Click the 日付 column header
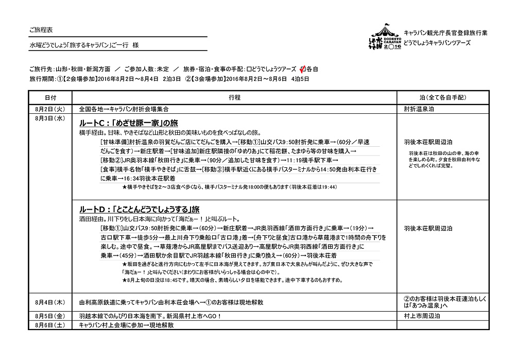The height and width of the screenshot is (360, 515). click(50, 97)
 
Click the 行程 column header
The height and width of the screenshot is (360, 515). click(234, 97)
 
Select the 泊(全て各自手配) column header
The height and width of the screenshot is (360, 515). click(443, 97)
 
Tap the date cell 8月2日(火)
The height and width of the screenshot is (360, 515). click(50, 109)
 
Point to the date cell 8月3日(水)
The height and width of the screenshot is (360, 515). click(50, 118)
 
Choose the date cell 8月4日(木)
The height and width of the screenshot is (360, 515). click(50, 301)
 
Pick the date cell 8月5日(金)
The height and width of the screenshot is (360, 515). click(50, 316)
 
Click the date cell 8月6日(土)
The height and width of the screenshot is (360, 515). click(50, 325)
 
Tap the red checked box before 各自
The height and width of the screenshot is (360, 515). click(302, 68)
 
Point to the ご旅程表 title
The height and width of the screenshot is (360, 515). click(42, 29)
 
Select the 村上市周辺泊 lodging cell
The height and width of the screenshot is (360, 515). click(423, 316)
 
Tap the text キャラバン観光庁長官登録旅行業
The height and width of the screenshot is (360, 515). click(445, 32)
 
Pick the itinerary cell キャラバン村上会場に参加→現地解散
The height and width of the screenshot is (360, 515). click(126, 325)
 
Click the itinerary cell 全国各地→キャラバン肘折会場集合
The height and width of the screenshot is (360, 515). click(124, 109)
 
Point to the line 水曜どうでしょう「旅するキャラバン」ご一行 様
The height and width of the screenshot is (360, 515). click(84, 45)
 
